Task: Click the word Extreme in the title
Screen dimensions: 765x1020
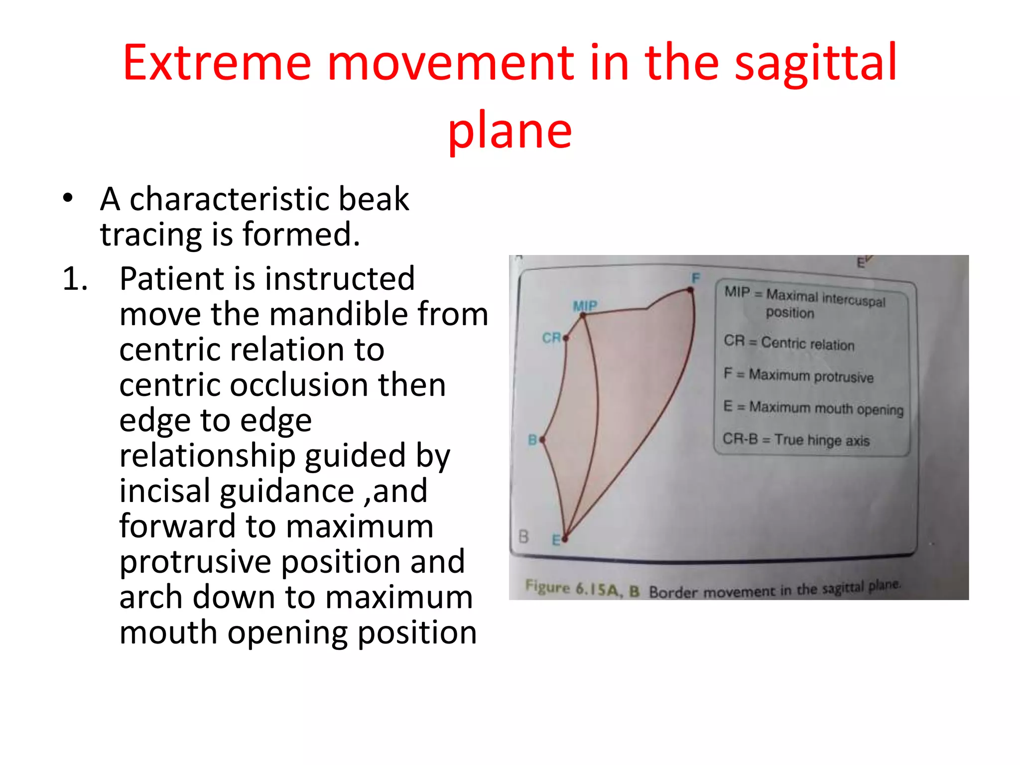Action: [x=217, y=63]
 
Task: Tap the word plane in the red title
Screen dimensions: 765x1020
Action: [x=510, y=131]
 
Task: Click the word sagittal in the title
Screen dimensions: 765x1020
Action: [x=815, y=63]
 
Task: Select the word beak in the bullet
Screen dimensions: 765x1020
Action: [x=373, y=199]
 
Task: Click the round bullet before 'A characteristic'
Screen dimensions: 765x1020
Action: [x=68, y=198]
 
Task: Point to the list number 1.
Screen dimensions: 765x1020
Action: [x=75, y=279]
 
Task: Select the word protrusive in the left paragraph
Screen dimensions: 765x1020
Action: [x=195, y=562]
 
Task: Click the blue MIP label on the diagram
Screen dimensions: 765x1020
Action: [x=585, y=305]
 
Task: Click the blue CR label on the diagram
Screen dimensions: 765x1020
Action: [x=551, y=338]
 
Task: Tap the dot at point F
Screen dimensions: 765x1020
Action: [x=691, y=290]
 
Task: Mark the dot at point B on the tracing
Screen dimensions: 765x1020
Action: [x=542, y=440]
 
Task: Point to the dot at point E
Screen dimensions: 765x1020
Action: [x=565, y=538]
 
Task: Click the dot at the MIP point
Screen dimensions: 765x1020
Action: [x=583, y=315]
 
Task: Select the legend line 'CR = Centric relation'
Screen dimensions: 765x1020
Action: [x=789, y=343]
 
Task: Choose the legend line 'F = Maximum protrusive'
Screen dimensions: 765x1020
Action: [x=798, y=375]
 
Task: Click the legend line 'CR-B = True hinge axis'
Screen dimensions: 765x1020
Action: [x=796, y=440]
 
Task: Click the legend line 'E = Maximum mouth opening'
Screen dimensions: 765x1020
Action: [x=813, y=408]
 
